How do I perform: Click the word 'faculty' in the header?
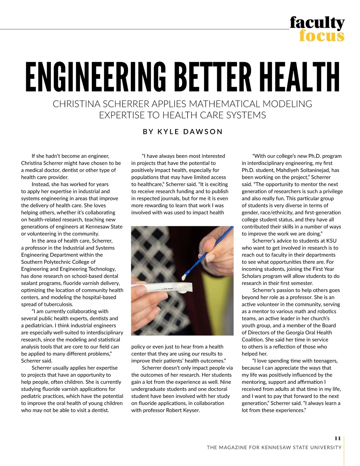coord(317,23)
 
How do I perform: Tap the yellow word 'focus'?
coord(321,36)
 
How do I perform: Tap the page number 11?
coord(337,438)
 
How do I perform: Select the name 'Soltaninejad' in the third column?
coord(312,170)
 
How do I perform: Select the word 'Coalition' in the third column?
coord(253,340)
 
